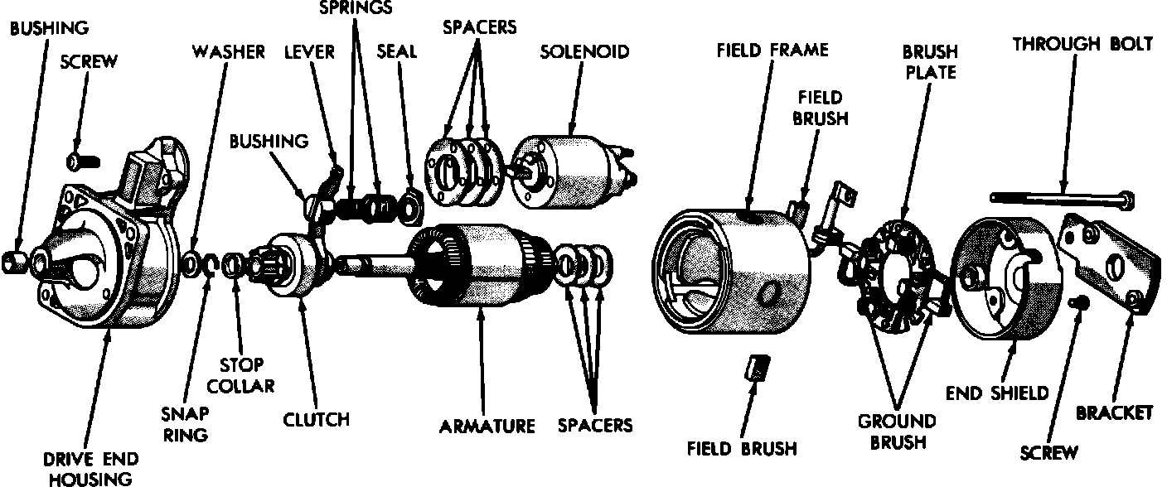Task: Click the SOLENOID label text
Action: [x=584, y=51]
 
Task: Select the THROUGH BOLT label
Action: [x=1082, y=45]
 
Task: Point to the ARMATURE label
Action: [x=487, y=427]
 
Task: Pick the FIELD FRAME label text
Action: [x=772, y=50]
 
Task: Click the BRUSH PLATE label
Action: [x=929, y=62]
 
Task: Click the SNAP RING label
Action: [x=186, y=422]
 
